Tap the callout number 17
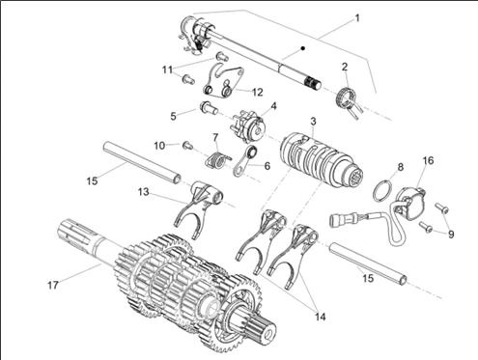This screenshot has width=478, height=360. (54, 285)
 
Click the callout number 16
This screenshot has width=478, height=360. (428, 160)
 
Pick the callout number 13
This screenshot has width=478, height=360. (143, 193)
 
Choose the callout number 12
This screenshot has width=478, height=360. (257, 92)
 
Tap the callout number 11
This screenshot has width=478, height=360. (167, 69)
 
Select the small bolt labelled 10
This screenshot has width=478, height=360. (187, 145)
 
